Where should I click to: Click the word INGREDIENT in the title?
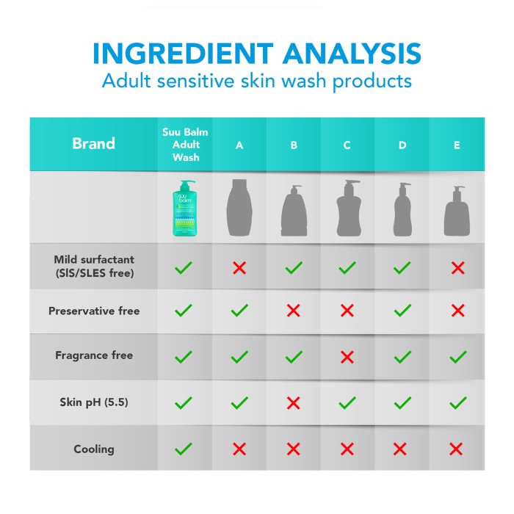click(x=183, y=54)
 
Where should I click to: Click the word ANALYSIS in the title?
click(x=352, y=54)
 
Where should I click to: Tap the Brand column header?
click(x=94, y=144)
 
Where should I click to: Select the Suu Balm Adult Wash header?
click(x=185, y=145)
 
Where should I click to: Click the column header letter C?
click(x=347, y=145)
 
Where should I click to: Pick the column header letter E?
click(x=457, y=145)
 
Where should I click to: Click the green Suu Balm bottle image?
click(x=185, y=208)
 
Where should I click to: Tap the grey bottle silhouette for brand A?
click(x=239, y=207)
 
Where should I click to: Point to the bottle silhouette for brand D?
click(x=402, y=209)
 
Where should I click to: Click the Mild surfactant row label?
click(x=94, y=266)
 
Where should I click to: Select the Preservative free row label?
click(x=94, y=311)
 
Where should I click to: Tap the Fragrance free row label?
click(x=94, y=355)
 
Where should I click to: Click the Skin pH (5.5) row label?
click(x=94, y=402)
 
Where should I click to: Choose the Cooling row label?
click(x=94, y=449)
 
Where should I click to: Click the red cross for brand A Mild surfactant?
click(x=239, y=268)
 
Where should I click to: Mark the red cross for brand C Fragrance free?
click(x=347, y=357)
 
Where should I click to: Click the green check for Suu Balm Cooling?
click(x=184, y=449)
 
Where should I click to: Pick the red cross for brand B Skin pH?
click(x=294, y=403)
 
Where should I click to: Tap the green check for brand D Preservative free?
click(x=402, y=310)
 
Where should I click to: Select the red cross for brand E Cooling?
click(x=456, y=449)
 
